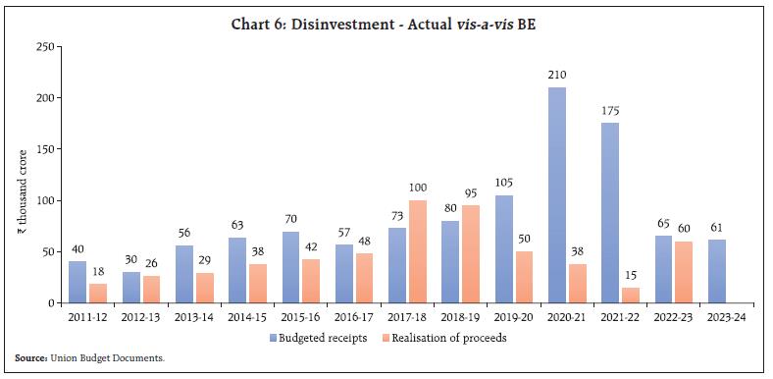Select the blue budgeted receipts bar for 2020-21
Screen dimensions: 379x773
tap(556, 195)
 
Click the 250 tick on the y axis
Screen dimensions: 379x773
tap(43, 47)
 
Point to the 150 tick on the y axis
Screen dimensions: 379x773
tap(43, 149)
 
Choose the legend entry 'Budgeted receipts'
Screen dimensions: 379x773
tap(323, 338)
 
